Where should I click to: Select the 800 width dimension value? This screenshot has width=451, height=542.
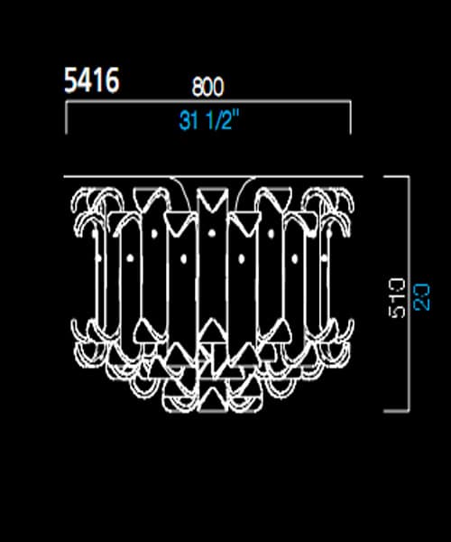click(207, 87)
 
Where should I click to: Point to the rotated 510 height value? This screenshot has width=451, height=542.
click(398, 295)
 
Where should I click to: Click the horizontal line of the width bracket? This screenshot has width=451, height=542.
click(207, 105)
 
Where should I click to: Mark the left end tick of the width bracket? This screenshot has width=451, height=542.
click(66, 119)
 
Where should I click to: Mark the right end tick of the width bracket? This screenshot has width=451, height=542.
click(350, 119)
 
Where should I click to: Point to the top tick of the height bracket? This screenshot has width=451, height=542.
click(397, 176)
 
